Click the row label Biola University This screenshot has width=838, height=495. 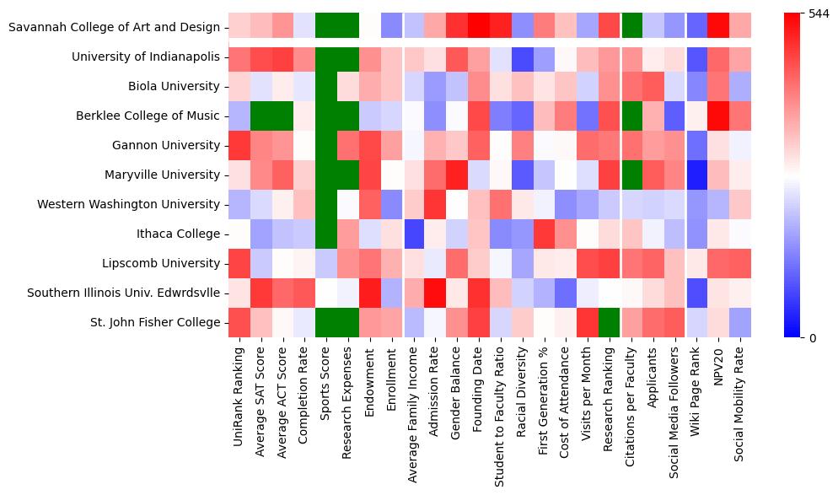click(173, 86)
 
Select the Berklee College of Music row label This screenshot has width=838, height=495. click(148, 116)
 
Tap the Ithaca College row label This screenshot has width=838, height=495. click(179, 234)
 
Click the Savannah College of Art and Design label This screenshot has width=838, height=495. click(114, 27)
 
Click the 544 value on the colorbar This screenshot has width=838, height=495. click(819, 13)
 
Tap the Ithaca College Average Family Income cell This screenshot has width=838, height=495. click(413, 234)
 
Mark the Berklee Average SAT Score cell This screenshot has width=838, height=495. click(261, 116)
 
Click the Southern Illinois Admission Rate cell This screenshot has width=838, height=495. click(435, 293)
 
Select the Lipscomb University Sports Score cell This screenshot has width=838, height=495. click(326, 263)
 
